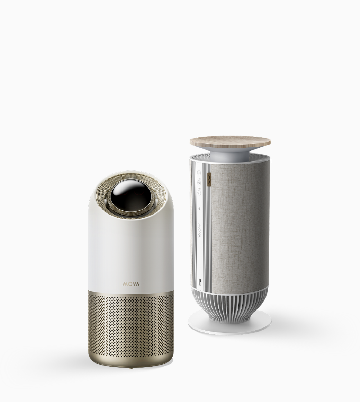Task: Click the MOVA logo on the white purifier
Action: pos(131,284)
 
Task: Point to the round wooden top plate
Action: pos(231,141)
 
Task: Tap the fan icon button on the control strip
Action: pos(199,183)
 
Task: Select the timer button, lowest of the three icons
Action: pos(199,192)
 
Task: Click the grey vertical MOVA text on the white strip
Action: pos(199,230)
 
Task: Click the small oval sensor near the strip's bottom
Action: pos(199,281)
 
